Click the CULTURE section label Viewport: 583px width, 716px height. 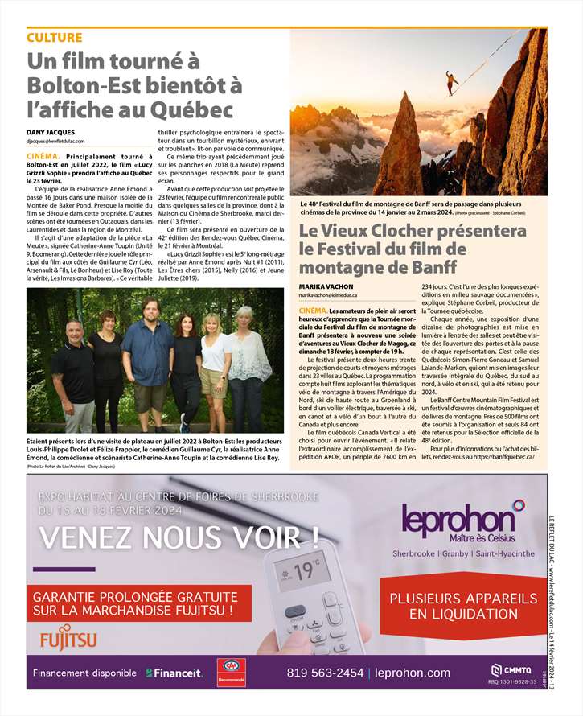click(x=54, y=38)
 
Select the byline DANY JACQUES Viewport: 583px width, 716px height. click(x=50, y=131)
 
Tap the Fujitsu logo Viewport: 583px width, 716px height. click(x=68, y=640)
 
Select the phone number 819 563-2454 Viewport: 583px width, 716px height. click(x=325, y=673)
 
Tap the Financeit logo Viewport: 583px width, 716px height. click(x=173, y=673)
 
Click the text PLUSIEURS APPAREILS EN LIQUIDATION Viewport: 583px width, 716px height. click(x=462, y=607)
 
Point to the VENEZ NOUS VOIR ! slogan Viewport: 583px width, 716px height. click(x=178, y=535)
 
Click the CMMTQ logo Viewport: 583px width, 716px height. click(x=510, y=670)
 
